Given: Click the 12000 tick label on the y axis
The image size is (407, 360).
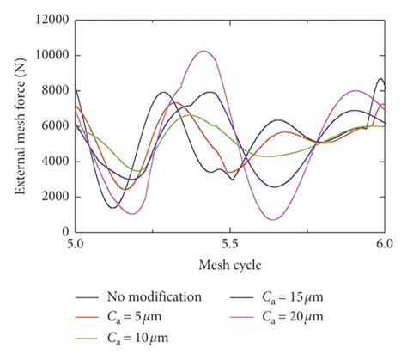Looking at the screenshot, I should (x=52, y=21).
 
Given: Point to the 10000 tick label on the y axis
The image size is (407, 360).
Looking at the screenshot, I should (x=52, y=56).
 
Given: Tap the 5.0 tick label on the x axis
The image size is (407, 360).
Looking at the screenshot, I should (x=76, y=245).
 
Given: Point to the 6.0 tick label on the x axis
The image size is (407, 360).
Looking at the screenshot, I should (x=385, y=245).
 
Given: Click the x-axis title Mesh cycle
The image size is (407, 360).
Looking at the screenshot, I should (x=230, y=264).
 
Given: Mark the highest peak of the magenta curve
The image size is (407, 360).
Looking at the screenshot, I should (x=203, y=51).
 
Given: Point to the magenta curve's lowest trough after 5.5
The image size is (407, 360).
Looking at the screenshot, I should (x=272, y=219).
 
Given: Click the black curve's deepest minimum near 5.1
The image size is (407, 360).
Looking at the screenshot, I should (x=113, y=207).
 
